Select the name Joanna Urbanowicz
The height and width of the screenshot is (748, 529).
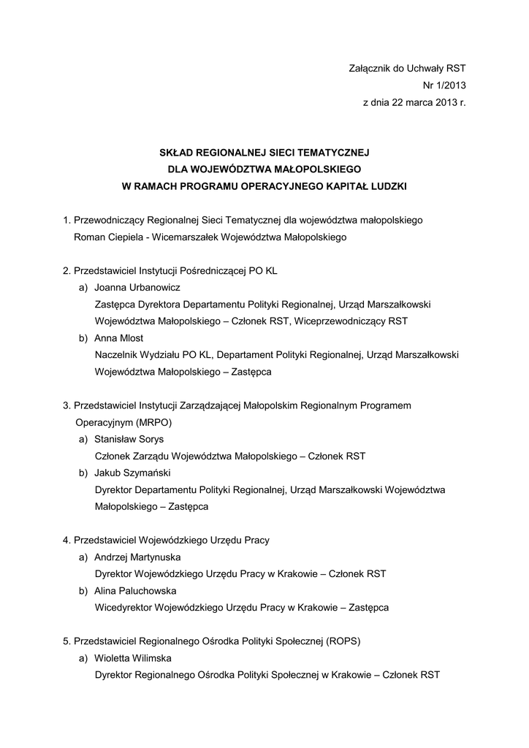137,287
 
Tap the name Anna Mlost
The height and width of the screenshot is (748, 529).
119,337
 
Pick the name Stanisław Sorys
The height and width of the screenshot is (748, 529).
129,439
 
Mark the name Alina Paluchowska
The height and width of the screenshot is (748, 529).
135,591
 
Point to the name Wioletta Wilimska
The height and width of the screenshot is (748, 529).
133,658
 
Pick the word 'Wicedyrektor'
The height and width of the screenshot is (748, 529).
123,608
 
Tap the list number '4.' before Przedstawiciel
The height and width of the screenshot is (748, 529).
66,541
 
